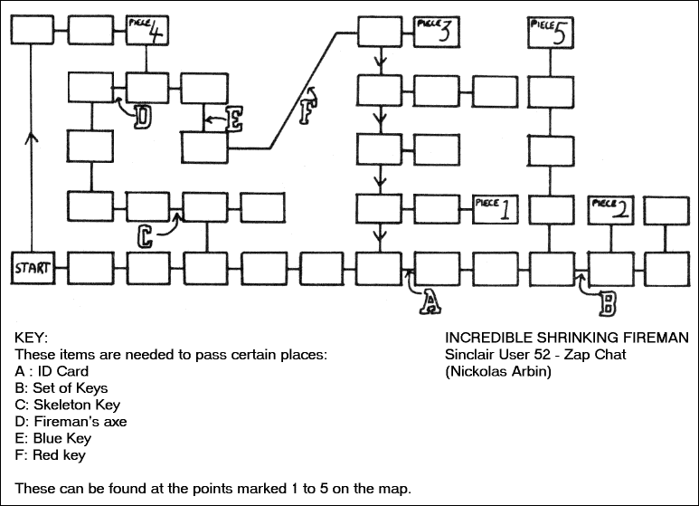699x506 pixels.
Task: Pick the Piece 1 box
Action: (495, 209)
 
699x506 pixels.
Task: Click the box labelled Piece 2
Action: (609, 209)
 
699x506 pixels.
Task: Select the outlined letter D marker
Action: (143, 117)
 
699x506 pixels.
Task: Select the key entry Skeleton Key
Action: (68, 405)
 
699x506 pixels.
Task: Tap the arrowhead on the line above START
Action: (33, 138)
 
